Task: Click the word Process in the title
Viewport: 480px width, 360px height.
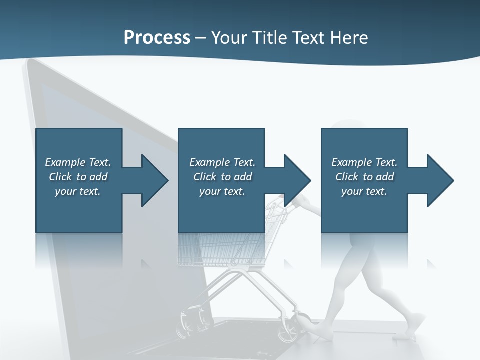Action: coord(157,38)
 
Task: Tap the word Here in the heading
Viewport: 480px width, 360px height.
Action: coord(348,38)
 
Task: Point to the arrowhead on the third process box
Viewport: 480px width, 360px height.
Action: coord(439,180)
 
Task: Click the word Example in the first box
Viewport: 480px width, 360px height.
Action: coord(65,162)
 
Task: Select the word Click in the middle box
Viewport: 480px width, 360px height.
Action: coord(205,177)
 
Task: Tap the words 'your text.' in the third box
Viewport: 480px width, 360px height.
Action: coord(364,191)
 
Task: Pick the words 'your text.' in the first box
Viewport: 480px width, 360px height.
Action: coord(78,191)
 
